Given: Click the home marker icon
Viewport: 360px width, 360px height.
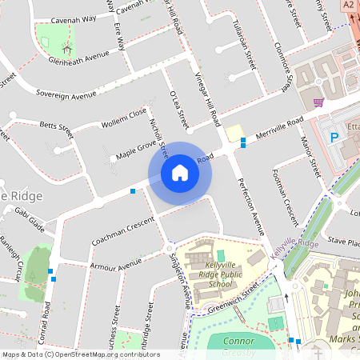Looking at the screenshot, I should (x=180, y=172).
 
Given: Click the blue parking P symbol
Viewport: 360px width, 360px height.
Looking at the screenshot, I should (x=334, y=138).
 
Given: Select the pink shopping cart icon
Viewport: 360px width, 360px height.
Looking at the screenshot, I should (x=319, y=102).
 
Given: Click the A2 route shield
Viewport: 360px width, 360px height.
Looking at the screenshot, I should (x=349, y=5).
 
